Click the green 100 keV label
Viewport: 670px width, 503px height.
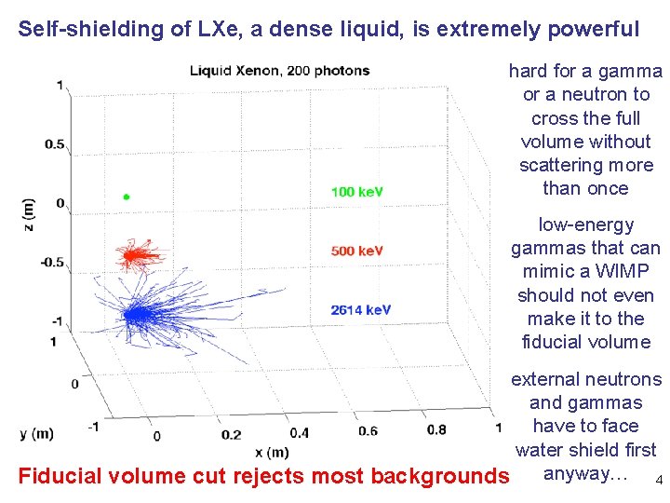point(357,192)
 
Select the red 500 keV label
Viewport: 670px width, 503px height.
point(357,251)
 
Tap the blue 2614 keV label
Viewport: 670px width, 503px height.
point(361,310)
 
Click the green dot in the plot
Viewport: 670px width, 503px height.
point(127,197)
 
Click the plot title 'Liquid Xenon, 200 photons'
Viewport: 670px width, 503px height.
point(279,70)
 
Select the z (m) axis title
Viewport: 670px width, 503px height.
point(29,214)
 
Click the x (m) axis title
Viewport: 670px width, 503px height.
point(271,453)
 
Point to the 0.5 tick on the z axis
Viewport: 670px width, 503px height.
point(55,144)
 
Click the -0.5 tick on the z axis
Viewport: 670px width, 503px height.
point(53,262)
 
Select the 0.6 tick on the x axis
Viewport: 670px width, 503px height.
point(367,431)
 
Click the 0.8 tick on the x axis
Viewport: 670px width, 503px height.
point(436,429)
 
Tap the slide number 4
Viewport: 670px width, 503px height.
point(659,482)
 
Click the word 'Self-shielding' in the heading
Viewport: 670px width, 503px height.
point(76,29)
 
